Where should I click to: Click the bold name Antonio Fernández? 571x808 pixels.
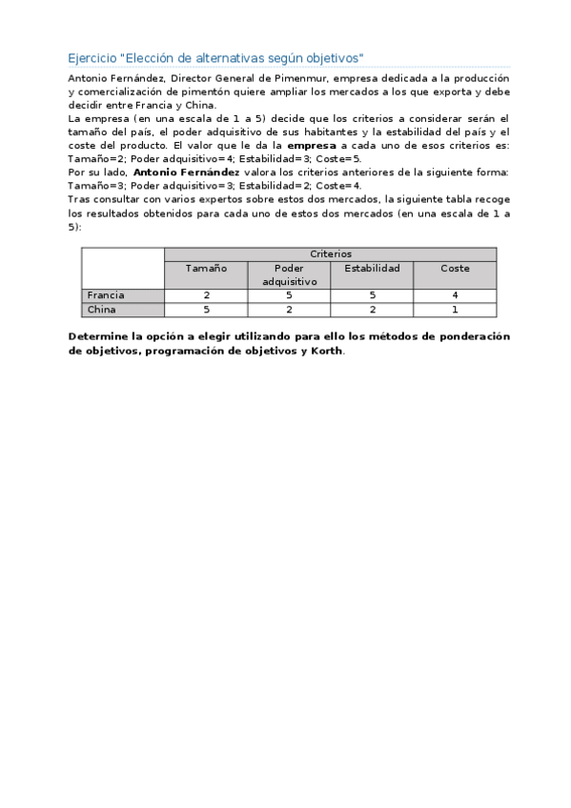coord(187,172)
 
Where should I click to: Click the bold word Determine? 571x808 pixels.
coord(103,336)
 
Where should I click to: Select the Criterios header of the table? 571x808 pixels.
coord(330,254)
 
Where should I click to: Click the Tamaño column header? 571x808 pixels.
coord(206,269)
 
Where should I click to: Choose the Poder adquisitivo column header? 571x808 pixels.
coord(289,275)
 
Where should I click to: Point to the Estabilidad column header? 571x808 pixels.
coord(372,269)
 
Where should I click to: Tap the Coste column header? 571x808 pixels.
coord(455,269)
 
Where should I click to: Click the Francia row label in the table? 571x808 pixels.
coord(106,295)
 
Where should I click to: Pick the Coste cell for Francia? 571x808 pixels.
coord(455,295)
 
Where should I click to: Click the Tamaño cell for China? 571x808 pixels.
coord(206,310)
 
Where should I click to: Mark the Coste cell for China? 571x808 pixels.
coord(455,310)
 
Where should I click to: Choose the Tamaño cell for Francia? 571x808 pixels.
coord(206,295)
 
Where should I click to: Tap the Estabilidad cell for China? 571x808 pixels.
coord(372,310)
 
